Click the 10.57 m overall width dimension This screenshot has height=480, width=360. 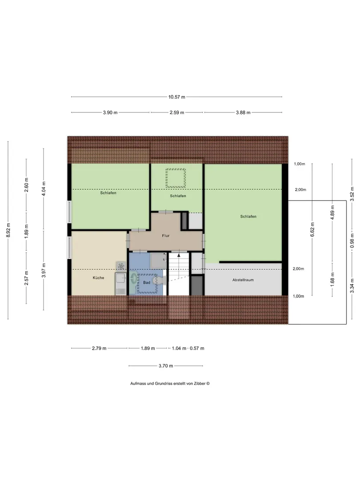coord(176,97)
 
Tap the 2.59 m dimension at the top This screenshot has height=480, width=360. coord(177,112)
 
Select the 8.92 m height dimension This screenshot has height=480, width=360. coord(8,230)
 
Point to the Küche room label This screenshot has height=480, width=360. coord(99,278)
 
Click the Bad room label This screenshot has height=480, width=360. coord(147,283)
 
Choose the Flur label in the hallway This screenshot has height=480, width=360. coord(166,236)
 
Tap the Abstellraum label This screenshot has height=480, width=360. coord(243,280)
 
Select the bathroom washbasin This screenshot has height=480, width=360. coord(134,279)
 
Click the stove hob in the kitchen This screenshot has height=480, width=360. coord(121,266)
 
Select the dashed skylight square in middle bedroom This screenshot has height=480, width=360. coord(176,178)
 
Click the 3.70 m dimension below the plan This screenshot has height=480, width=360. coord(166,366)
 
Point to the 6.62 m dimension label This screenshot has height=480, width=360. coord(312,230)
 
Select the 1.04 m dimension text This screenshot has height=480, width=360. coord(179,348)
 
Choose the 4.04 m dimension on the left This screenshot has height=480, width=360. coord(44,188)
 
